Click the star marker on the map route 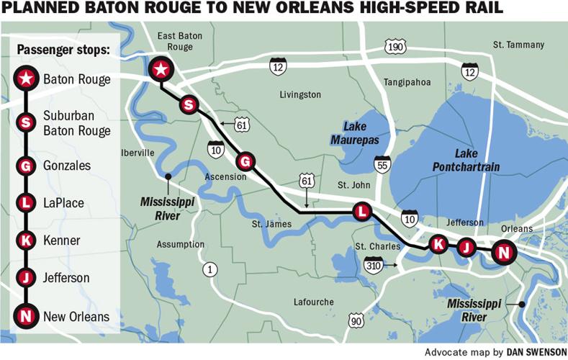pyautogui.click(x=161, y=69)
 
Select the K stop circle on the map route pyautogui.click(x=437, y=244)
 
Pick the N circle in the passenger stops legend pyautogui.click(x=26, y=315)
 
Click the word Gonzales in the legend pyautogui.click(x=67, y=165)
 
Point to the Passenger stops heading pyautogui.click(x=63, y=50)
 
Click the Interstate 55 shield pyautogui.click(x=382, y=164)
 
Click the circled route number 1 pyautogui.click(x=209, y=269)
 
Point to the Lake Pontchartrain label pyautogui.click(x=466, y=160)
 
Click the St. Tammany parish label pyautogui.click(x=518, y=45)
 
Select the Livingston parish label pyautogui.click(x=300, y=94)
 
